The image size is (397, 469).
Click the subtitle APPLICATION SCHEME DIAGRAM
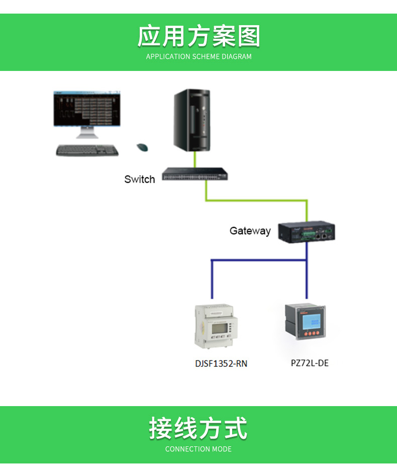coord(198,57)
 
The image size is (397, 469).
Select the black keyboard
coord(87,150)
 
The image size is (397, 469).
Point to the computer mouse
coord(142,147)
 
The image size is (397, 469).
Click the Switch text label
coord(139,179)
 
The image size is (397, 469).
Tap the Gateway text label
coord(250,231)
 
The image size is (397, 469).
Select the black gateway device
coord(307,232)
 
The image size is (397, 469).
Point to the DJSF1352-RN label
coord(221,363)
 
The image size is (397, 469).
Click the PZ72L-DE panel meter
coord(305,322)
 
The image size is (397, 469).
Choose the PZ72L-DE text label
coord(310,363)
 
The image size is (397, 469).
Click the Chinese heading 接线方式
coord(198,428)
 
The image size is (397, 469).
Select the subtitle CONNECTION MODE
coord(198,449)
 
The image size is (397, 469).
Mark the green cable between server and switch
coord(194,160)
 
